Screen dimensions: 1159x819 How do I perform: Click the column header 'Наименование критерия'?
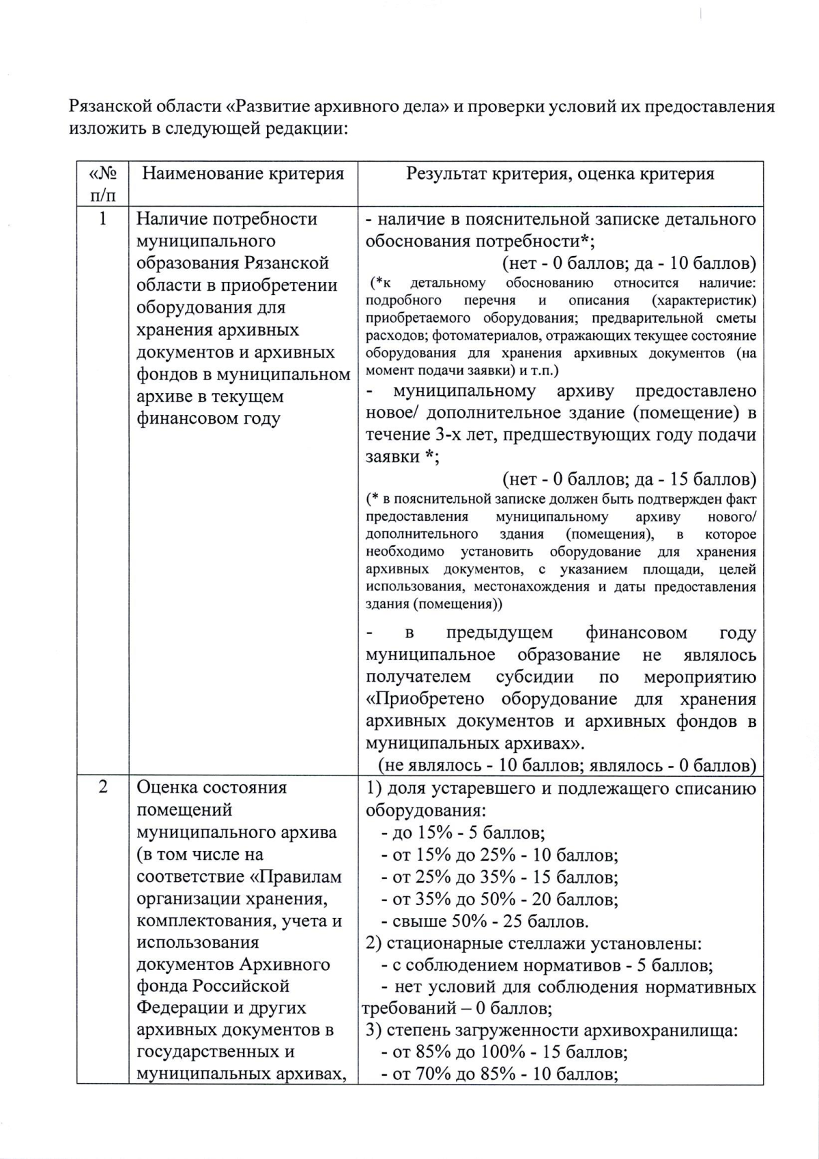[x=243, y=174]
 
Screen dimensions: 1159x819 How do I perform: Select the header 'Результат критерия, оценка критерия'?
[x=560, y=174]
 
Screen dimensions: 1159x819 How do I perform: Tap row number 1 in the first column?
[x=103, y=219]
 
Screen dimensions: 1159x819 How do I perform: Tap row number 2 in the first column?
[x=103, y=787]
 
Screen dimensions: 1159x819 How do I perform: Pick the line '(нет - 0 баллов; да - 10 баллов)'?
[x=629, y=263]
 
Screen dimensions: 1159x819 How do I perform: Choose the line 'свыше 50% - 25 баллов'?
[x=485, y=921]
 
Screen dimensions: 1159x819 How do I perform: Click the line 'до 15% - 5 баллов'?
[x=463, y=833]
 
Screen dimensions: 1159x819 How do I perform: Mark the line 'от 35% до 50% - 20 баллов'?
[x=500, y=899]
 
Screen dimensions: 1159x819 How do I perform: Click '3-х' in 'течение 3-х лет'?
[x=448, y=435]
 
